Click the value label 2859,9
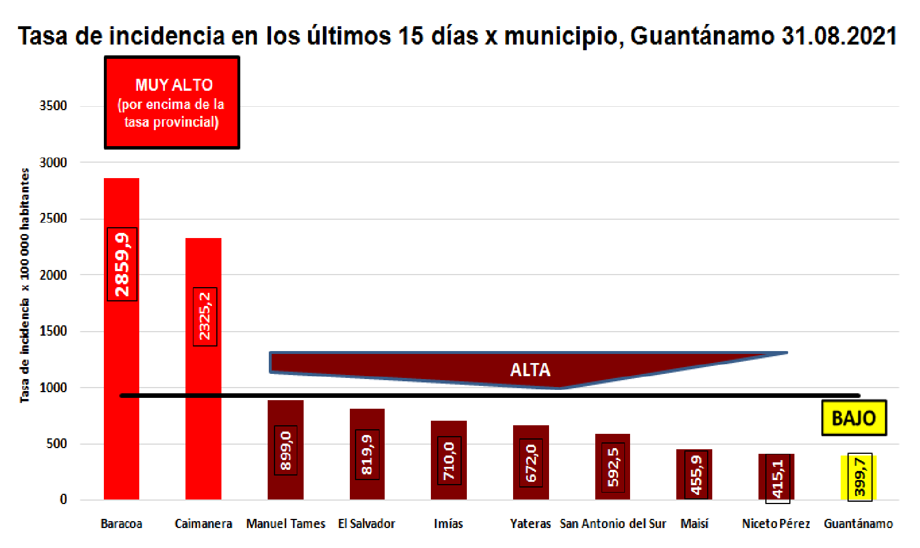122,264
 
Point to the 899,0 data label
285,450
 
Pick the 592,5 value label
613,467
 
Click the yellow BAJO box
853,418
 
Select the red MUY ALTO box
172,103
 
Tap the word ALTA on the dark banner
530,370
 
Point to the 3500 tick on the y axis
53,106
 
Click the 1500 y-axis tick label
53,331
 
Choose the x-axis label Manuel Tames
285,523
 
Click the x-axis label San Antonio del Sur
613,523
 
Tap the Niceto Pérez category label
776,523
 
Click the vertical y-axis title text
25,285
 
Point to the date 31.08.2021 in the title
839,35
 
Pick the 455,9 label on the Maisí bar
696,474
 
